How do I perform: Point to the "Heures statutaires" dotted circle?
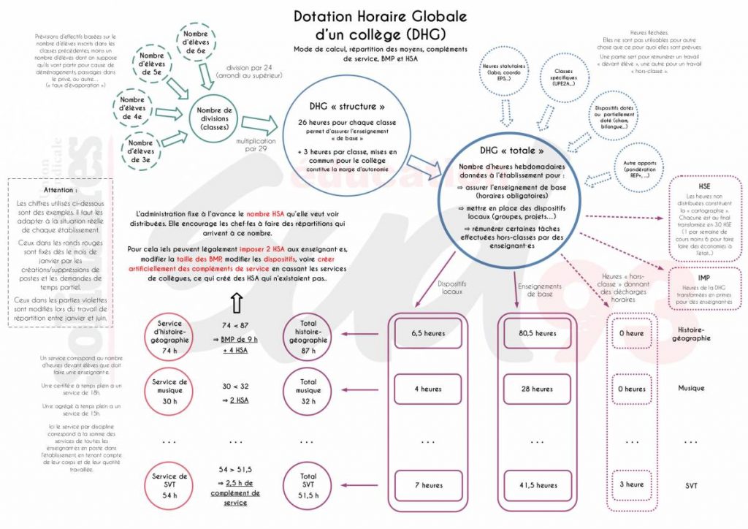point(500,72)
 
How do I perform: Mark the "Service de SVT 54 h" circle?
point(169,485)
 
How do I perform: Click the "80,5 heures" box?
point(538,334)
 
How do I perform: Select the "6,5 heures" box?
point(428,334)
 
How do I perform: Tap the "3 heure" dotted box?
point(632,484)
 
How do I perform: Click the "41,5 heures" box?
point(538,485)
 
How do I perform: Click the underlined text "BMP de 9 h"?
point(239,339)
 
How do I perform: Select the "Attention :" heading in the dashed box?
point(59,189)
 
